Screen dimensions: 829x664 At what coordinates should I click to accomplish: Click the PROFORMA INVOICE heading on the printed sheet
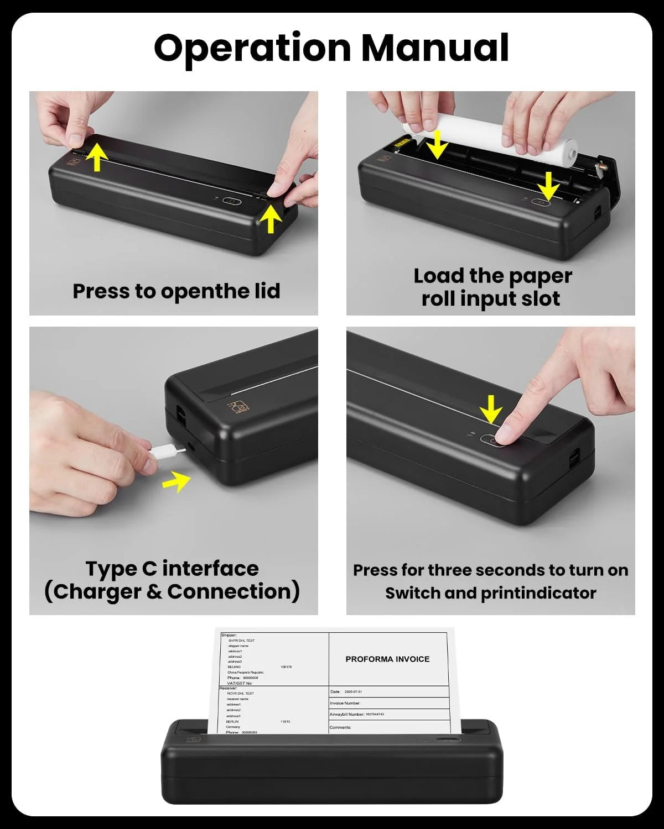[x=387, y=659]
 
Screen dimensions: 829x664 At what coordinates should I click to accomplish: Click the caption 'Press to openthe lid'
[x=176, y=291]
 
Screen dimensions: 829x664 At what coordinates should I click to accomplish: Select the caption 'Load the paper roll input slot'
[x=491, y=287]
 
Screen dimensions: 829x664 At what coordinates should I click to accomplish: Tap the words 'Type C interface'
[x=172, y=568]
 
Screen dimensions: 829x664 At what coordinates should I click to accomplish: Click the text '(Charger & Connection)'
[x=172, y=591]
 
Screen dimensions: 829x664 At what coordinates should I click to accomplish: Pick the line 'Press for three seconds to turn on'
[x=490, y=570]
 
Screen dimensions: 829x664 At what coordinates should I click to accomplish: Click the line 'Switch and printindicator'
[x=490, y=593]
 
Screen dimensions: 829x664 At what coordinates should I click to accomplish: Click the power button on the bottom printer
[x=447, y=740]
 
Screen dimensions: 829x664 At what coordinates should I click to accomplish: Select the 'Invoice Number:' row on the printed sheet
[x=345, y=703]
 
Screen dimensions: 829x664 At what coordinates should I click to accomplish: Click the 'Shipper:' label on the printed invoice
[x=229, y=635]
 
